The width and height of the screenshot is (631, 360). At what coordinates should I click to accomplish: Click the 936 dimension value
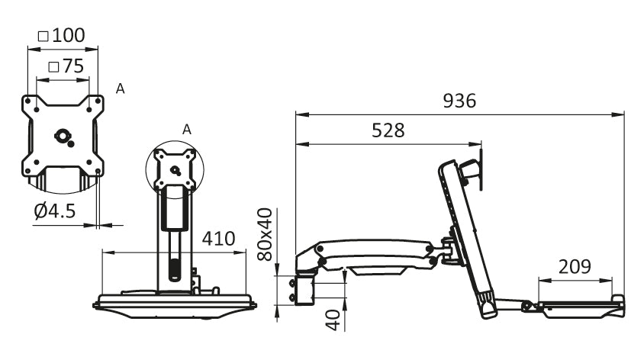[459, 101]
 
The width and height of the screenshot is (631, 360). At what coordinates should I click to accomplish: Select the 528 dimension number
[388, 130]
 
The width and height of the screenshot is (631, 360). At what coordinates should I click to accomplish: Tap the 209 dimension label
[575, 267]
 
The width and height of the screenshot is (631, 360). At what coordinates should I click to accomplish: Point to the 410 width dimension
[218, 239]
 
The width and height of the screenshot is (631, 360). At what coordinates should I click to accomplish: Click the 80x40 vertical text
[266, 234]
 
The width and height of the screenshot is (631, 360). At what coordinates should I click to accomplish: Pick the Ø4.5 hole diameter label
[55, 211]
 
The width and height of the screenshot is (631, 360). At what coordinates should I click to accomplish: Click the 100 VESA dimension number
[69, 35]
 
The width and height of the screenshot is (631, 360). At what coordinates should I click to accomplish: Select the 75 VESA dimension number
[72, 66]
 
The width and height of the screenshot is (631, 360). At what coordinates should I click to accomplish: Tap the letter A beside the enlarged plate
[120, 89]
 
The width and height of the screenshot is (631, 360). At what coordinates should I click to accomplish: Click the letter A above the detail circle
[186, 130]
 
